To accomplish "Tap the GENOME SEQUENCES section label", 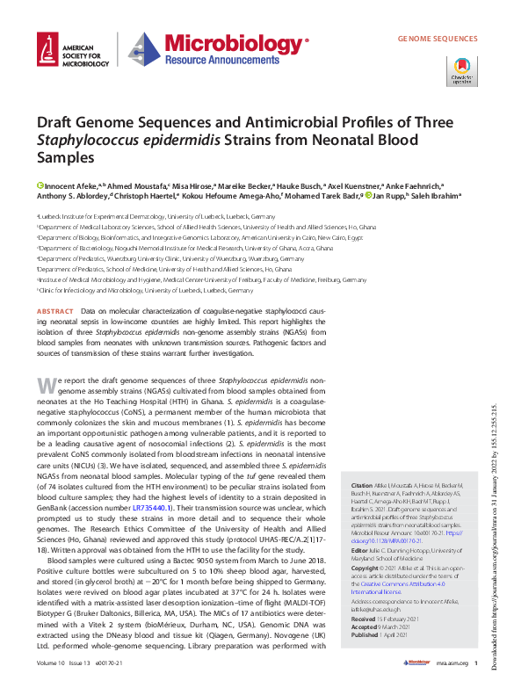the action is point(438,40).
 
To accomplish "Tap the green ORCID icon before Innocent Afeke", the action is point(40,185).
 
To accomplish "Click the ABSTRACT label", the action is point(55,312).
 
